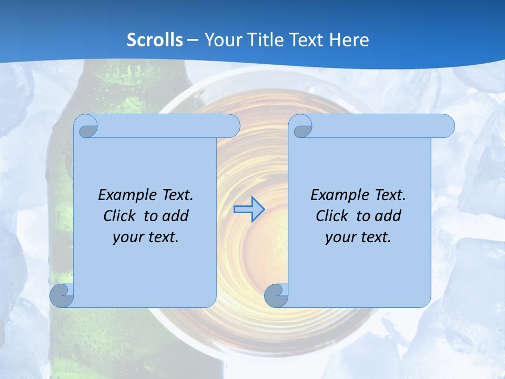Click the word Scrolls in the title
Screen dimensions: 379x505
(x=155, y=40)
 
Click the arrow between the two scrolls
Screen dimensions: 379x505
(x=249, y=209)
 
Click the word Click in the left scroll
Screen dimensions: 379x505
(x=119, y=216)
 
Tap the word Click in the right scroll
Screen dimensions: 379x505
(x=331, y=216)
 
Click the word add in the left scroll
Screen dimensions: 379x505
(x=176, y=216)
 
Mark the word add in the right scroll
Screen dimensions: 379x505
(x=389, y=216)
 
